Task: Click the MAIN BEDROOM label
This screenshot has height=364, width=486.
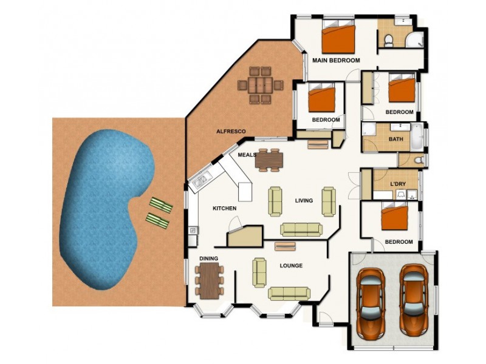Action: click(336, 61)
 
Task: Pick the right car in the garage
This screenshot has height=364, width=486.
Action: click(413, 300)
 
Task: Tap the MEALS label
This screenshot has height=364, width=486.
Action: click(247, 155)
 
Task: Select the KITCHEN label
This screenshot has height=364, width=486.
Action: click(224, 209)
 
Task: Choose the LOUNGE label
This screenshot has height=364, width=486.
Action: click(291, 266)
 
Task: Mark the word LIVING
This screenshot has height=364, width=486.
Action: click(304, 201)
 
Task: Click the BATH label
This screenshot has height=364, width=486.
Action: click(395, 140)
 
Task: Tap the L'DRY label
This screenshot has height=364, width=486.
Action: click(398, 184)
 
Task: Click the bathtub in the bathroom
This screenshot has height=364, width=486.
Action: click(417, 137)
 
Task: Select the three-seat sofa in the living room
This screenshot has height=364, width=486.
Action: click(300, 229)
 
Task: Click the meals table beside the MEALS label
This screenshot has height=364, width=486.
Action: click(269, 160)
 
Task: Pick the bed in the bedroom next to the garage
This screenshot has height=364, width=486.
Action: click(394, 217)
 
